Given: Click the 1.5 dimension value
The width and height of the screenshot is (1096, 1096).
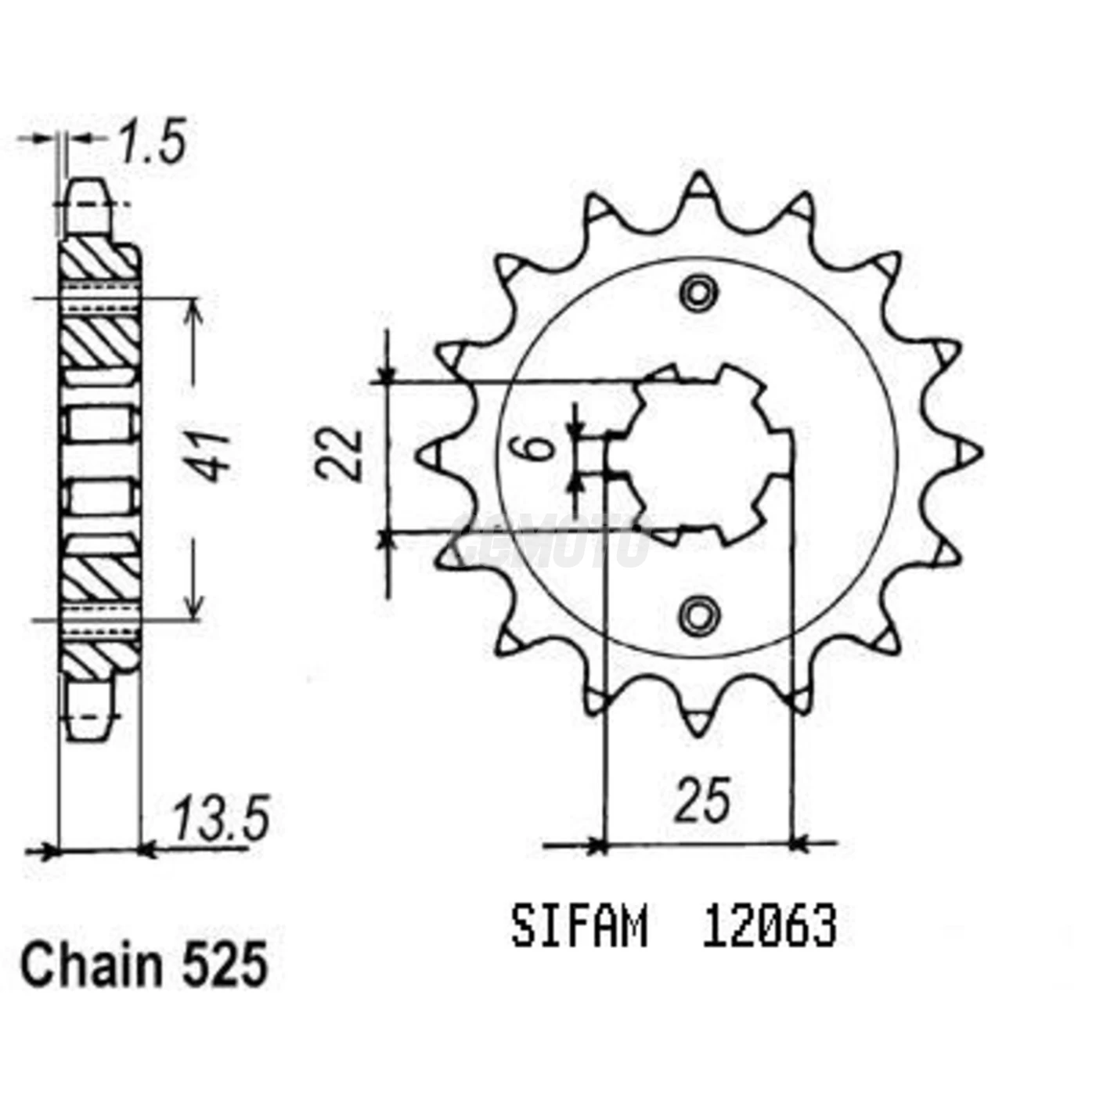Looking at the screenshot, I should tap(152, 143).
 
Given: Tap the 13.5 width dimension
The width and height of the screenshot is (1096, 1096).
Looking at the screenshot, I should tap(221, 818).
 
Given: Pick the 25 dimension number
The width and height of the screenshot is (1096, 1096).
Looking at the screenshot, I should tap(702, 800).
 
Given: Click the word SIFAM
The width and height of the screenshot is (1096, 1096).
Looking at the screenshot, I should tap(579, 928).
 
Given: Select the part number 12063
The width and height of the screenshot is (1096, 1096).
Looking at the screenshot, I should tap(769, 928).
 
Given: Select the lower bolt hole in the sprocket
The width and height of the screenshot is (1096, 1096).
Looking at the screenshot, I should tap(698, 615).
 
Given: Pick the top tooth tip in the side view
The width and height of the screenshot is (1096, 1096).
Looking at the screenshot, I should tap(86, 188).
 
